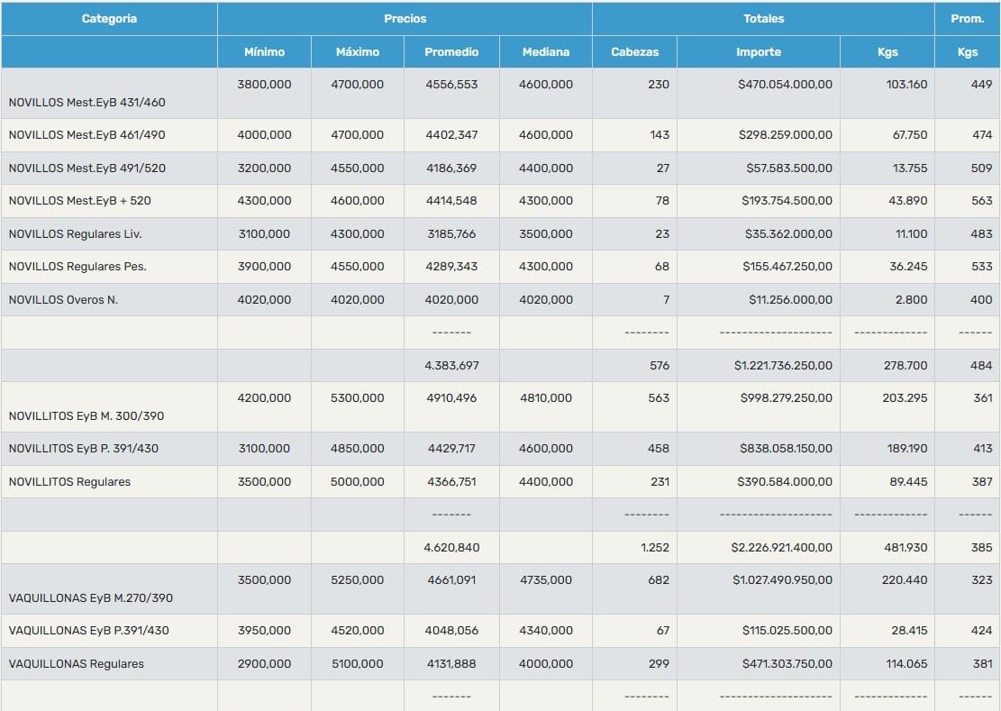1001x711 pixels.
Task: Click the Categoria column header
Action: click(x=109, y=19)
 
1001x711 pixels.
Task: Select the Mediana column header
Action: click(x=546, y=51)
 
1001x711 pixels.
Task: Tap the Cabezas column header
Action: click(x=634, y=51)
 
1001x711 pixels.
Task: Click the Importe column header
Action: click(x=759, y=51)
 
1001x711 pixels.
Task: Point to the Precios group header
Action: click(x=405, y=19)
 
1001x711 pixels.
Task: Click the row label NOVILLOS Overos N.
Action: click(x=63, y=299)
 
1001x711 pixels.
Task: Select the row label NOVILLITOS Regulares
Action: click(x=69, y=482)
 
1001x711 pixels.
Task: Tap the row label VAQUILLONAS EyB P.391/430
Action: click(x=88, y=631)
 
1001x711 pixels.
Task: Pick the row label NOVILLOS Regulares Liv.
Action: click(x=76, y=233)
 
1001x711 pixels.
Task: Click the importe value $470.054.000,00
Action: click(x=786, y=84)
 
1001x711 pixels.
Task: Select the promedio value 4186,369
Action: click(x=451, y=168)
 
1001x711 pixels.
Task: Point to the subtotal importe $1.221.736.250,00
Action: click(x=783, y=366)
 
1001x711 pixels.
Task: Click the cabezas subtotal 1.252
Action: click(x=655, y=548)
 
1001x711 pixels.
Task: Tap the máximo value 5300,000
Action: click(x=358, y=397)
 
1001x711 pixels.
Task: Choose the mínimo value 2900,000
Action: click(x=264, y=664)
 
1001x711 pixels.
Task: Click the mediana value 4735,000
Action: click(x=546, y=580)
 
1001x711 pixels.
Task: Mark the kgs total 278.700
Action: click(x=906, y=366)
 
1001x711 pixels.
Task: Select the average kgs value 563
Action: click(x=982, y=200)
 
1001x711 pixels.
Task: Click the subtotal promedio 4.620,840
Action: click(x=451, y=548)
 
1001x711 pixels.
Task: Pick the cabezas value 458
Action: click(x=659, y=449)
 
